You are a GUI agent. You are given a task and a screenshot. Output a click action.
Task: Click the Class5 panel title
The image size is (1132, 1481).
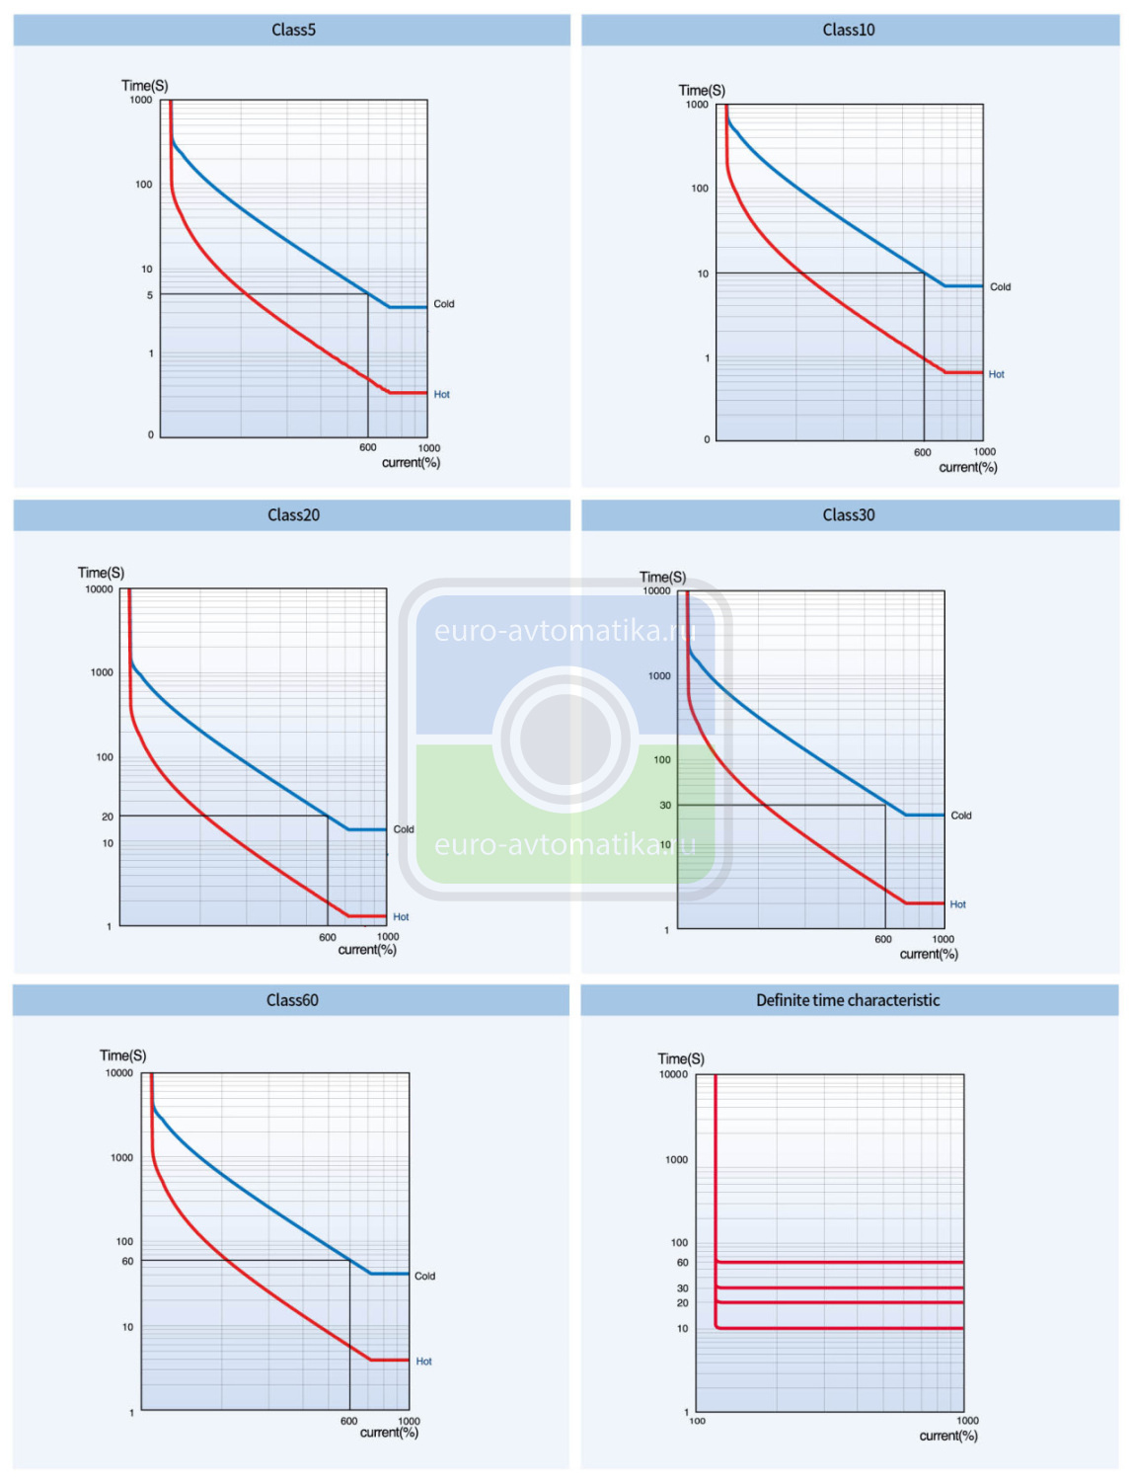click(293, 30)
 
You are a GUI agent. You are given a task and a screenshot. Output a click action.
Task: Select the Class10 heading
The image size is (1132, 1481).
click(848, 30)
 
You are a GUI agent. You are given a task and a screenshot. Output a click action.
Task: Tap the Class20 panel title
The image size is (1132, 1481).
click(293, 514)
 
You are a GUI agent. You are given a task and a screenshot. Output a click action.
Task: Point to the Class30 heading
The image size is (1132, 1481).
click(848, 514)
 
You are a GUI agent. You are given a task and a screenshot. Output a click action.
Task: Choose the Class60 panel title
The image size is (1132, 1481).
click(292, 1000)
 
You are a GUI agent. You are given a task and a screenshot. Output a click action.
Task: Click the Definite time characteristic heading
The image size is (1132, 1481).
click(848, 1000)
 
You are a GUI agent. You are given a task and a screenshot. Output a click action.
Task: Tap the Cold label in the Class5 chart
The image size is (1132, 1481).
click(444, 304)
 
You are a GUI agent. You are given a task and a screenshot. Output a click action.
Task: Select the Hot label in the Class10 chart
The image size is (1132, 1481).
click(996, 374)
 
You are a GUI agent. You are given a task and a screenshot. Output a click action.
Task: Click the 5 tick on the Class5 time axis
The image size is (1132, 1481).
click(150, 295)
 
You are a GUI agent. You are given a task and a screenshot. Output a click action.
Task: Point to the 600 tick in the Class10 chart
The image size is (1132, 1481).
click(922, 452)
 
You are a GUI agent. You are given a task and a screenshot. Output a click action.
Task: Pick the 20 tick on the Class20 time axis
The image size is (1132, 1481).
click(108, 817)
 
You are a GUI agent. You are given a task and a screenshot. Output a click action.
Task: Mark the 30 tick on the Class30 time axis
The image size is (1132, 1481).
click(665, 806)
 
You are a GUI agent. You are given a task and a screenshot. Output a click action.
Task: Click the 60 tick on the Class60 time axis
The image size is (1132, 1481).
click(127, 1261)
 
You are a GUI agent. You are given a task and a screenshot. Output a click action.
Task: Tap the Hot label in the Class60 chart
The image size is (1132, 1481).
click(423, 1362)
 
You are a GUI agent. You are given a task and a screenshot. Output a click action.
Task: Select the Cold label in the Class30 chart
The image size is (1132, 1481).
click(960, 816)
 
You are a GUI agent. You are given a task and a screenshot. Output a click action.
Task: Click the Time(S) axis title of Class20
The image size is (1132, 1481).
click(101, 573)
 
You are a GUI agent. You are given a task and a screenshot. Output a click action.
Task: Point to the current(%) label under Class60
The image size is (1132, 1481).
click(389, 1433)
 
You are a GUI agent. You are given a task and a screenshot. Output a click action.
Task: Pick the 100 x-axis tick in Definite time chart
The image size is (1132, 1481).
click(697, 1422)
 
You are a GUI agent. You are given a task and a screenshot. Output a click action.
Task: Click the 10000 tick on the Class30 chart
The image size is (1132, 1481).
click(656, 590)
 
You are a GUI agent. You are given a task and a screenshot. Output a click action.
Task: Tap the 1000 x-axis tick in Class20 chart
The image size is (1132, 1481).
click(388, 937)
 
